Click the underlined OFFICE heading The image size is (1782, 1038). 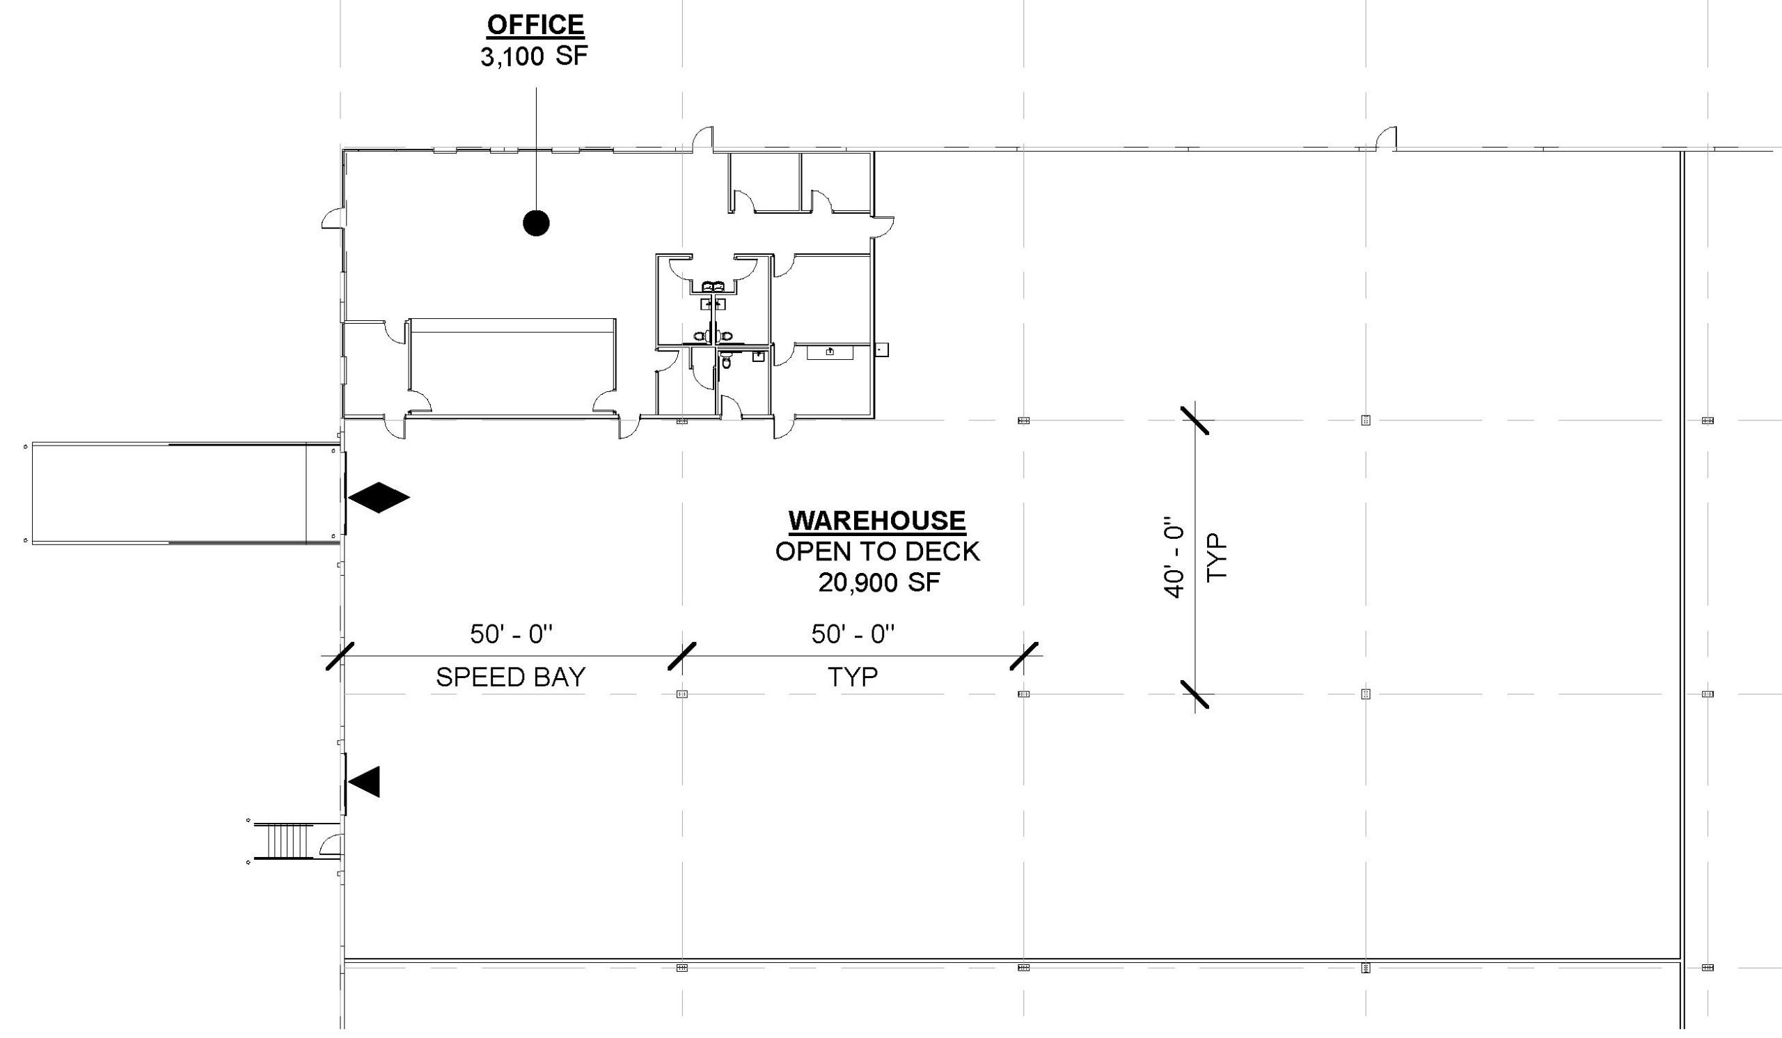[535, 26]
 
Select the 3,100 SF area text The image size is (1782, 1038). [534, 56]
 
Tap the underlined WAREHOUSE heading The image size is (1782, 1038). [877, 521]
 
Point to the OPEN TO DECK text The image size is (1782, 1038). [878, 551]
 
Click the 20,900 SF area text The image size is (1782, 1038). [879, 583]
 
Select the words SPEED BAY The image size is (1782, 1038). [510, 677]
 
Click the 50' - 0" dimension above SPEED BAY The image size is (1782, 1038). [511, 634]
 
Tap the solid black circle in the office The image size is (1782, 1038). [536, 223]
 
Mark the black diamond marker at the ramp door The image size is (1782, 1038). [378, 498]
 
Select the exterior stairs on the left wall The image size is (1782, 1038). [283, 840]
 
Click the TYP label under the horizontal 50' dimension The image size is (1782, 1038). [853, 677]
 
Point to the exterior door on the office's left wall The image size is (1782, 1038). [333, 219]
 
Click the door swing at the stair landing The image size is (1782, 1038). [331, 844]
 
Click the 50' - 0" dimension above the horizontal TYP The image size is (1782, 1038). [853, 634]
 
